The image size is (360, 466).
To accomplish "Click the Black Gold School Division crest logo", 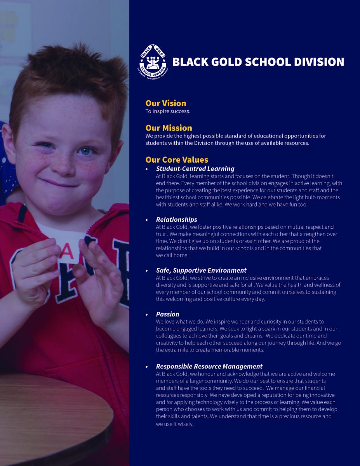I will pos(153,62).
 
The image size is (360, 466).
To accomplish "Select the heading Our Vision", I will pos(166,103).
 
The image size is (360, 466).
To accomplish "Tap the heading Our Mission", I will pos(169,128).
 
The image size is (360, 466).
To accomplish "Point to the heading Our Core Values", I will pos(177,160).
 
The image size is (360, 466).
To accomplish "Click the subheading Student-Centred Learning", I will pos(195,169).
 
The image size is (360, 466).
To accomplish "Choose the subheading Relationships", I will pos(176,220).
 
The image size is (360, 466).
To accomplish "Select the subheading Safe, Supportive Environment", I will pos(201,270).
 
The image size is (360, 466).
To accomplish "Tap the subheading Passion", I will pos(167,314).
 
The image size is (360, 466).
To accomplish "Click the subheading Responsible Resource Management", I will pos(209,366).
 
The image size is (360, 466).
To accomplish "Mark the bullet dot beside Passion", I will pos(146,315).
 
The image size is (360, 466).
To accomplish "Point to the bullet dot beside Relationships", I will pos(146,220).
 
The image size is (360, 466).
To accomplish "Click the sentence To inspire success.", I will pos(168,111).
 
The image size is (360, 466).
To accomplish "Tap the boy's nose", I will pos(64,165).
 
